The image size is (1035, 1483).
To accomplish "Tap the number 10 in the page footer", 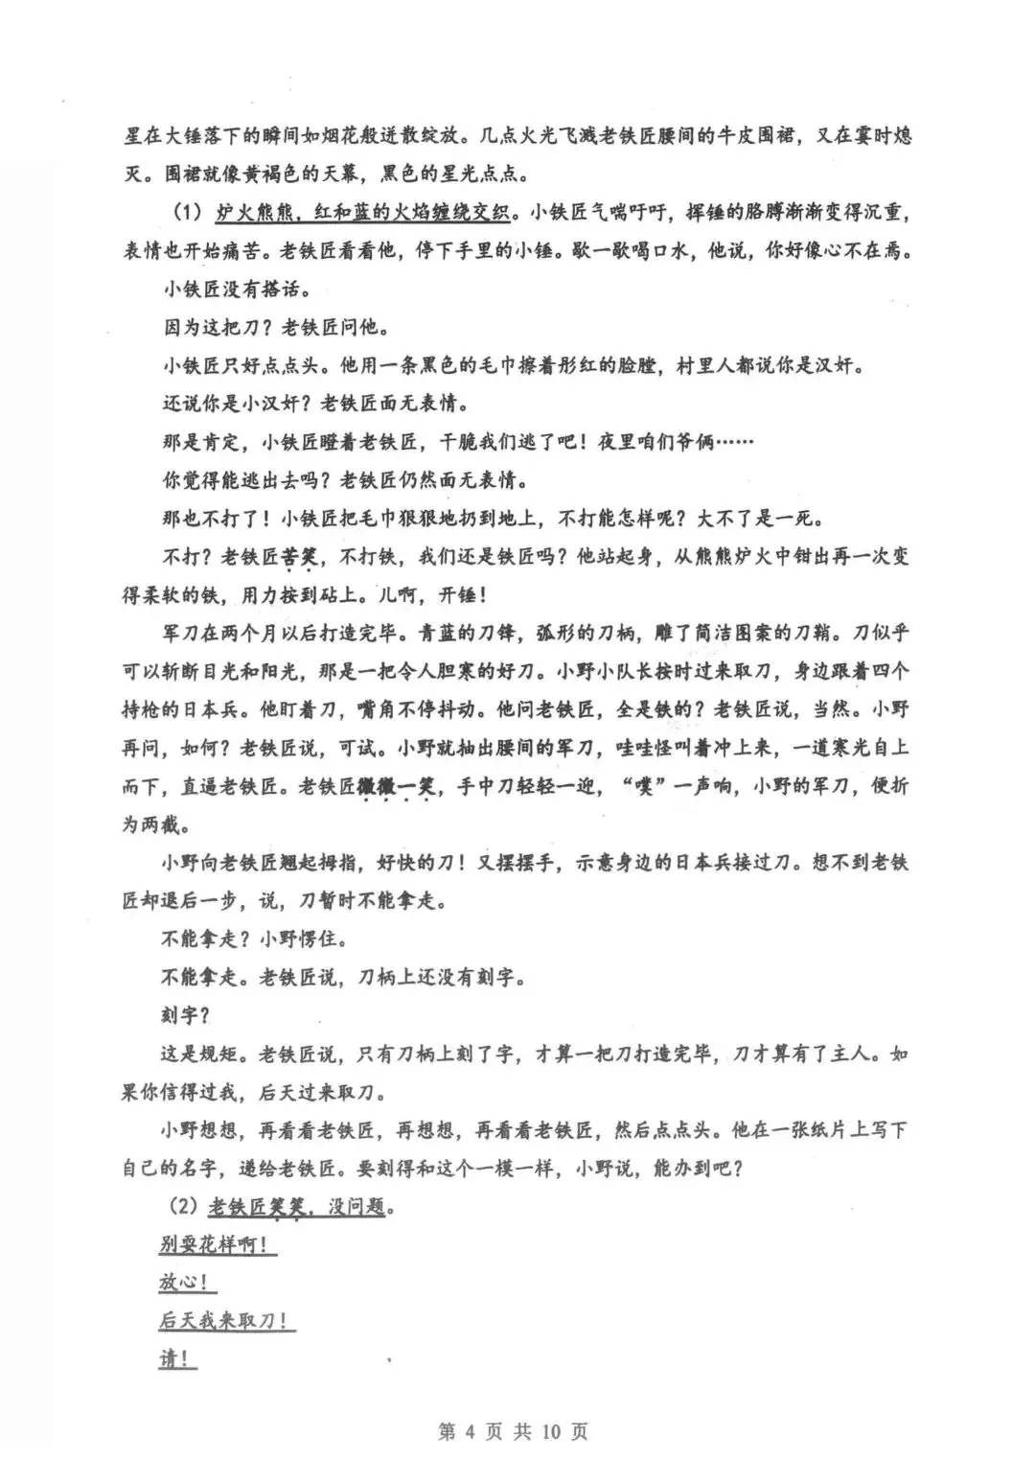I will click(550, 1431).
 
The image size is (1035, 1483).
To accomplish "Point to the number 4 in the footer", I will click(470, 1431).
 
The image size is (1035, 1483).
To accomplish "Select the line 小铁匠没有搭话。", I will click(236, 289).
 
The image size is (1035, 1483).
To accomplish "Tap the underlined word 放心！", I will click(183, 1283).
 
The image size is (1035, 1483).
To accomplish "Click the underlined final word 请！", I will click(177, 1359).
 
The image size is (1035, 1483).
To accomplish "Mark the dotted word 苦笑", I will click(298, 557).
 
